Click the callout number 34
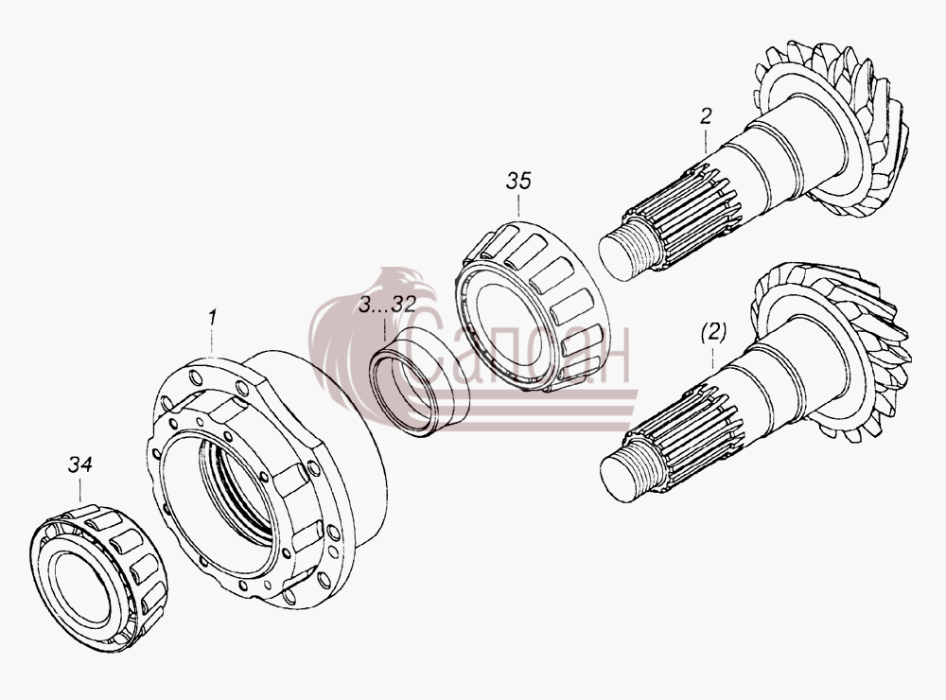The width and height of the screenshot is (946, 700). point(80,465)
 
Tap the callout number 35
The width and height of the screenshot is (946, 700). point(518,181)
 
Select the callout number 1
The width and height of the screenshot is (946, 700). point(212,318)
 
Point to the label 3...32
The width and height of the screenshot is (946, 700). point(387,305)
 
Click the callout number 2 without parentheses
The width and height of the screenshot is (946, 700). point(706,115)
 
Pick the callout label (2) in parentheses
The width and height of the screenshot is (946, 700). point(713,332)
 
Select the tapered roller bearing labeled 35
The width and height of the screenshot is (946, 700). point(531,306)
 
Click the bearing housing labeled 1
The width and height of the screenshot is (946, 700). point(266,477)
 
